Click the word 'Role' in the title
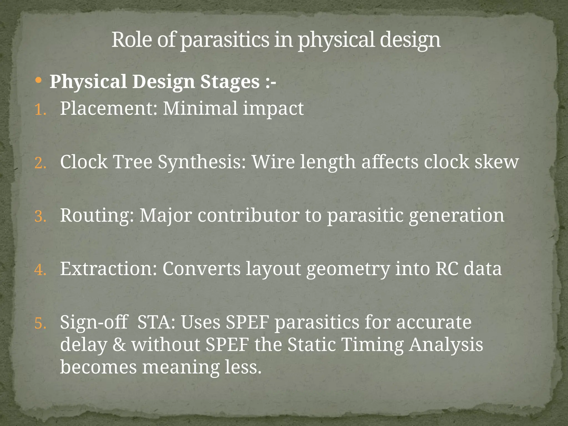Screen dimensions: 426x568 pos(132,40)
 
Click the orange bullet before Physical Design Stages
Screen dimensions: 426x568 pos(39,80)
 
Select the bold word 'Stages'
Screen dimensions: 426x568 pos(230,82)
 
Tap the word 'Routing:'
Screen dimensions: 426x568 pos(97,215)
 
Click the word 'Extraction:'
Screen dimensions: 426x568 pos(108,268)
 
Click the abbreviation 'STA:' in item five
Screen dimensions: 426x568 pos(156,322)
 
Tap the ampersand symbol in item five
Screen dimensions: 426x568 pos(119,345)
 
